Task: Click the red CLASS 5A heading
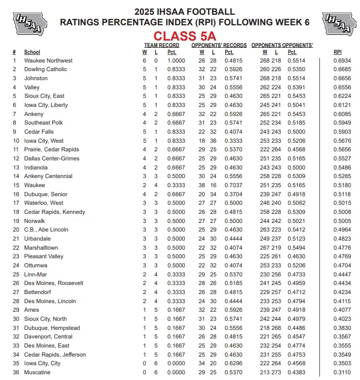(185, 36)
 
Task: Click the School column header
(32, 52)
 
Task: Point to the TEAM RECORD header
(161, 45)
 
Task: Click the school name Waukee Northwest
(48, 61)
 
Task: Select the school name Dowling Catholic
(46, 69)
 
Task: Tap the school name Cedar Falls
(39, 132)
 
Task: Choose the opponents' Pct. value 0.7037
(233, 185)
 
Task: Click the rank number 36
(16, 372)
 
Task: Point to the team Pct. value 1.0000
(176, 61)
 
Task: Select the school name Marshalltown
(41, 248)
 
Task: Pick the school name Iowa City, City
(42, 363)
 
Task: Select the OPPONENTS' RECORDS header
(219, 45)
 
